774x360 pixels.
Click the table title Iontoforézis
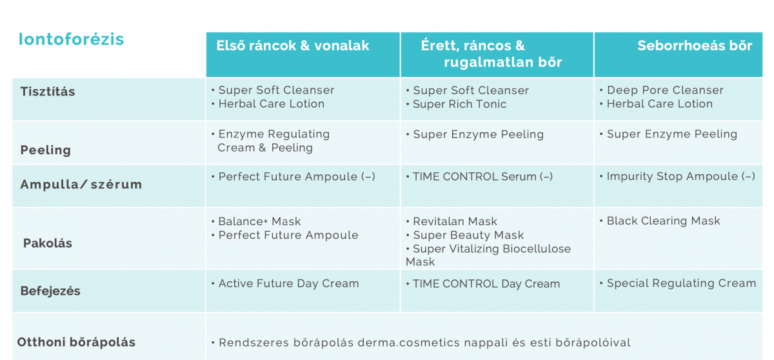71,39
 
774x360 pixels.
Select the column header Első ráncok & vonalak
293,46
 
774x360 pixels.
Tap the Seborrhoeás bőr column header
695,46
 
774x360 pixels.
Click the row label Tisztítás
48,92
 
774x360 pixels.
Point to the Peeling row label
46,150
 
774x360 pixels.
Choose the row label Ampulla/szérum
81,184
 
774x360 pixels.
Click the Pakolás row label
48,243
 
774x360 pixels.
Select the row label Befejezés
50,291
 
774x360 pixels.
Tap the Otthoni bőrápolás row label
76,342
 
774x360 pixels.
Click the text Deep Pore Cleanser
665,90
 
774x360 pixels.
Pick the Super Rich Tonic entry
459,104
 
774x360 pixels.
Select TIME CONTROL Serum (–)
482,177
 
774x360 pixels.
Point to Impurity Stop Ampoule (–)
681,176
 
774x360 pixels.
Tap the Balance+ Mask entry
259,221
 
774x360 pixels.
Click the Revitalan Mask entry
455,221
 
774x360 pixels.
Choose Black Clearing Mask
664,221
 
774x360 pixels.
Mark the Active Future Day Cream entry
288,284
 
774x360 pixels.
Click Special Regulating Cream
681,283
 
